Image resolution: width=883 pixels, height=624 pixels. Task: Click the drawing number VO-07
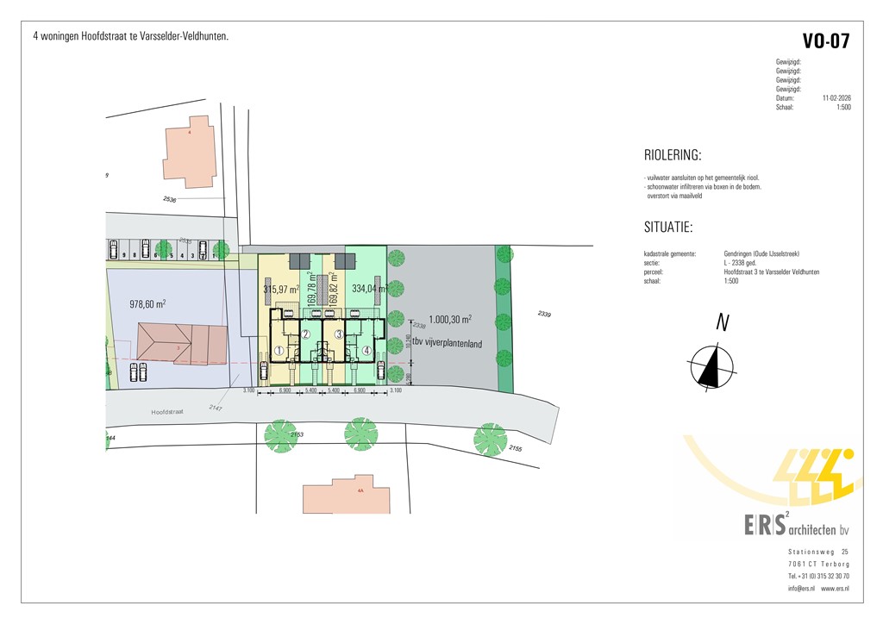pyautogui.click(x=825, y=41)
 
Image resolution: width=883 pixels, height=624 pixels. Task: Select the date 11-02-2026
pyautogui.click(x=836, y=98)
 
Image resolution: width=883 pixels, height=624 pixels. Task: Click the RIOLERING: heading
pyautogui.click(x=673, y=156)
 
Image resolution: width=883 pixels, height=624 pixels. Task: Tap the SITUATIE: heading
pyautogui.click(x=668, y=228)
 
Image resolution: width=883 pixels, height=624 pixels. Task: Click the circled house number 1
pyautogui.click(x=279, y=351)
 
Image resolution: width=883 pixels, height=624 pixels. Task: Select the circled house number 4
pyautogui.click(x=366, y=351)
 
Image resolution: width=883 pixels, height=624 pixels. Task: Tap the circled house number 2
pyautogui.click(x=305, y=334)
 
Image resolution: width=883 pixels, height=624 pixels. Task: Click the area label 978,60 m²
pyautogui.click(x=147, y=303)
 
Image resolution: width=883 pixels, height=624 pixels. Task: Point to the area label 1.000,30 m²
pyautogui.click(x=450, y=319)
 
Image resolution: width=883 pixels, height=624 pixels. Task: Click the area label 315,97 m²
pyautogui.click(x=280, y=290)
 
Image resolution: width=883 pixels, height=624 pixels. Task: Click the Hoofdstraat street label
pyautogui.click(x=169, y=412)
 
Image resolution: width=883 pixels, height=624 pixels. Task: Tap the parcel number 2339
pyautogui.click(x=543, y=314)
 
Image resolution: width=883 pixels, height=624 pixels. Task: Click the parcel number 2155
pyautogui.click(x=516, y=448)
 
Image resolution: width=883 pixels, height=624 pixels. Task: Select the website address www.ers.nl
pyautogui.click(x=834, y=588)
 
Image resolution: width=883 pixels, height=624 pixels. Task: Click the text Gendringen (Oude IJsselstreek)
pyautogui.click(x=762, y=253)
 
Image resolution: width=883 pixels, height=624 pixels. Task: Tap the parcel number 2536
pyautogui.click(x=168, y=200)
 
